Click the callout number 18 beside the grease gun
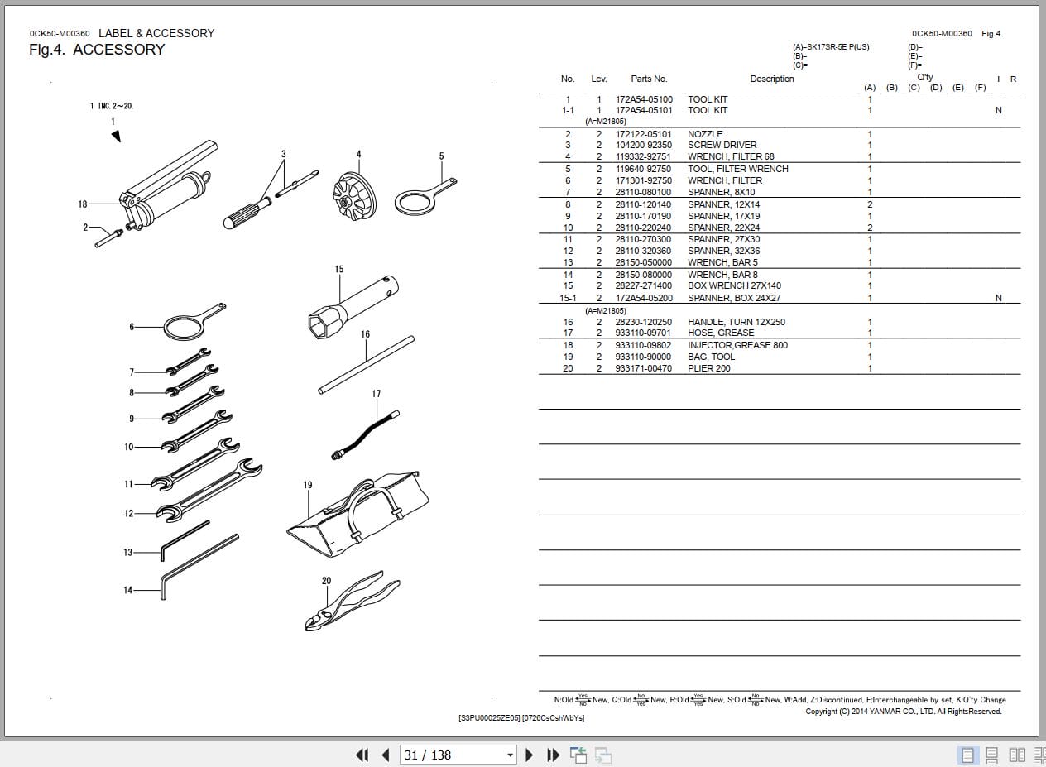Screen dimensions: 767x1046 (83, 204)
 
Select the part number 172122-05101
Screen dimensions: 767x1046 (643, 134)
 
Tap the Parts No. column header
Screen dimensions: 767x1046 (648, 79)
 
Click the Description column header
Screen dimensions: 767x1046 (771, 79)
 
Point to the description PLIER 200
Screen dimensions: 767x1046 (708, 368)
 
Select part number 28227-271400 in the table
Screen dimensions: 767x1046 (643, 285)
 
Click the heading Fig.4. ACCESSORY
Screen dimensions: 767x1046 (97, 50)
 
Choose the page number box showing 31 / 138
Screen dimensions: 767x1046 (458, 755)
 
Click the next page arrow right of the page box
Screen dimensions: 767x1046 (530, 755)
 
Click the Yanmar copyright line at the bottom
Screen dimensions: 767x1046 (903, 712)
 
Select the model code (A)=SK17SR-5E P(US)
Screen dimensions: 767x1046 (831, 47)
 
